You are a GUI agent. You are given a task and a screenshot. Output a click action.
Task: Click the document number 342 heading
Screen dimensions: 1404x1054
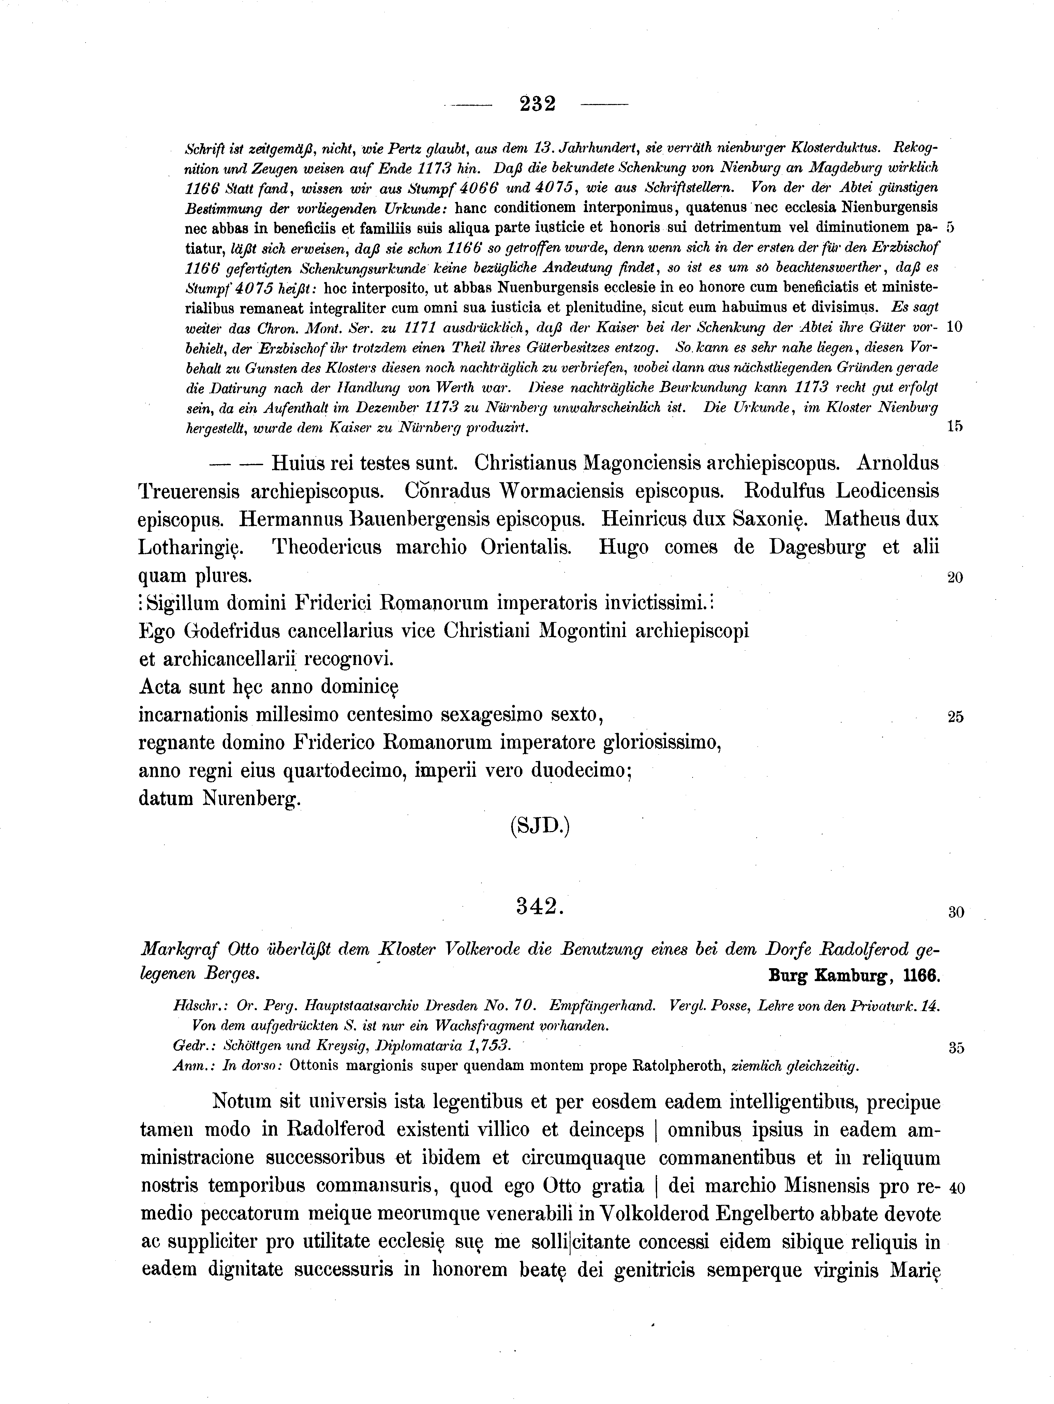pyautogui.click(x=539, y=906)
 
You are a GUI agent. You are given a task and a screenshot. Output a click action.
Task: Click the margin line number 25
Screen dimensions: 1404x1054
pyautogui.click(x=955, y=717)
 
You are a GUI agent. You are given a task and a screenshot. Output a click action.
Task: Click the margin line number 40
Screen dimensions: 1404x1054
pyautogui.click(x=955, y=1187)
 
